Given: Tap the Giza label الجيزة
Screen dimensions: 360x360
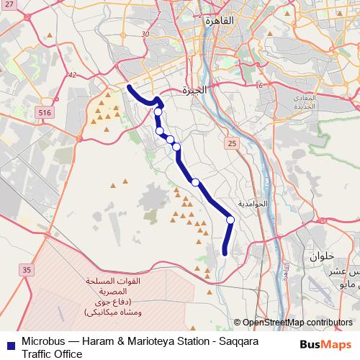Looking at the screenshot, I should [195, 91].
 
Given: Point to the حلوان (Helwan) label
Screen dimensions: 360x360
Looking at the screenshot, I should [323, 256].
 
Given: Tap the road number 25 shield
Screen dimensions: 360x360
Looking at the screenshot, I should [231, 144].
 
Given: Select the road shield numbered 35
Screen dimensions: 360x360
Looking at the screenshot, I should [27, 270].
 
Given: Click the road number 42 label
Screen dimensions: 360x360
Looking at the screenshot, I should [71, 75].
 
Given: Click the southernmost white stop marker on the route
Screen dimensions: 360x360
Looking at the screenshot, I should [230, 220].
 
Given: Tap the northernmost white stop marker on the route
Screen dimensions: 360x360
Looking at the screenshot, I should [158, 112].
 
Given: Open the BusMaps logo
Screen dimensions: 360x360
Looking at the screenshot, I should [325, 343].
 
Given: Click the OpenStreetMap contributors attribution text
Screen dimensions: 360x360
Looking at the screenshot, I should [297, 322].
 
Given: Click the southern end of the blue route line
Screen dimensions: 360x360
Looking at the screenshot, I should [224, 253].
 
